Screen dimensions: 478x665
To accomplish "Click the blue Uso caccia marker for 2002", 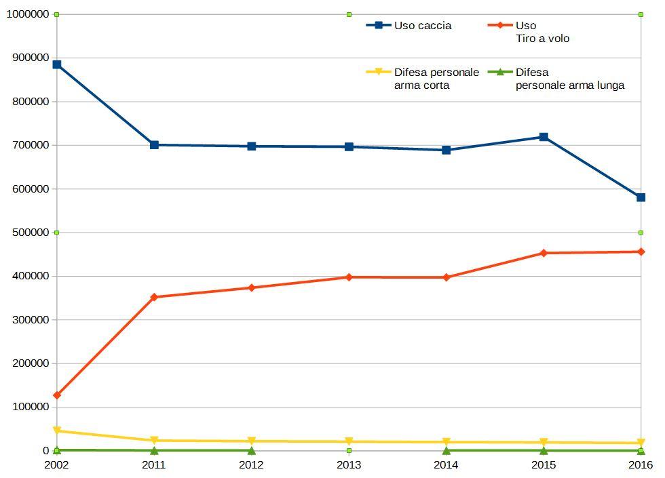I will coord(57,64).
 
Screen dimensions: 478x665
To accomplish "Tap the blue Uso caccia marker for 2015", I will coord(544,137).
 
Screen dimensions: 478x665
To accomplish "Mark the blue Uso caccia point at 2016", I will coord(641,197).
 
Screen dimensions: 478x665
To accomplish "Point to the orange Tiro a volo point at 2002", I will coord(57,395).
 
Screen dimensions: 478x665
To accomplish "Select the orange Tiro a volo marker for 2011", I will coord(154,297).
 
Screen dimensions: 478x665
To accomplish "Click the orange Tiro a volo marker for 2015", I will coord(544,253).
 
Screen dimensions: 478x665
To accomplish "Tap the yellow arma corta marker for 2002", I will coord(57,431).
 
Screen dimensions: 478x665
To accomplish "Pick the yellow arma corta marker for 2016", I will coord(641,443).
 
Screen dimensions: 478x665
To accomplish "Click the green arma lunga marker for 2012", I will coord(252,451).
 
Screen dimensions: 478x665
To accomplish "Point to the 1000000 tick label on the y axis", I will coord(27,14).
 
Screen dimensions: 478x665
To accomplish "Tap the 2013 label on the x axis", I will coord(349,465).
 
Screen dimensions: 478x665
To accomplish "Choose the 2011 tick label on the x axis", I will coord(154,465).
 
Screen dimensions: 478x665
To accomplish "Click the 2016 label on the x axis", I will coord(641,465).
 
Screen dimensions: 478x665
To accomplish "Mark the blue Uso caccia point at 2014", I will coord(446,150).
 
